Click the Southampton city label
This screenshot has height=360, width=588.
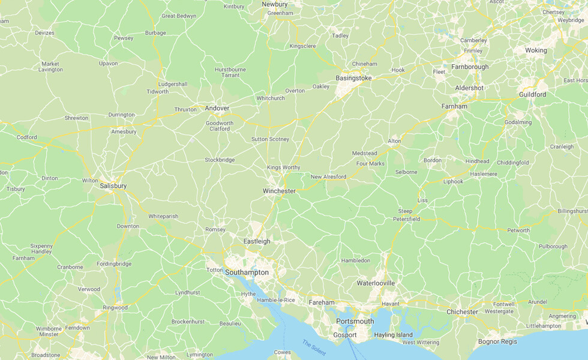[247, 272]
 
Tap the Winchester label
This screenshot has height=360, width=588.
[279, 191]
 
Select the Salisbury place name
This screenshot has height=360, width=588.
[113, 186]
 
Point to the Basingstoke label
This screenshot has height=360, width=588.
[353, 78]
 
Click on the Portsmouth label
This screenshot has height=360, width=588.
[355, 322]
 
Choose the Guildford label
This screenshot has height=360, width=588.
[532, 94]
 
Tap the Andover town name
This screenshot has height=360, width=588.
[217, 108]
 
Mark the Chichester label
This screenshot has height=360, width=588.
[462, 312]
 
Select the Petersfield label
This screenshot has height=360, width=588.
[406, 219]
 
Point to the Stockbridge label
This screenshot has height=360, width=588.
[220, 160]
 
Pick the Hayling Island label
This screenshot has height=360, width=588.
[393, 335]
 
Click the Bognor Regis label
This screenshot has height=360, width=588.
[497, 341]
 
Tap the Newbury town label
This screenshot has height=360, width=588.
[275, 4]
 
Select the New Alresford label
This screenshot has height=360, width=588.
[328, 177]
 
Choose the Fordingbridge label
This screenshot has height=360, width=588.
[113, 264]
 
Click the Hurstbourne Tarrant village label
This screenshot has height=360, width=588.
[230, 72]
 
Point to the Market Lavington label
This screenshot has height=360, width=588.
[50, 67]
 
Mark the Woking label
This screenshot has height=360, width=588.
[536, 50]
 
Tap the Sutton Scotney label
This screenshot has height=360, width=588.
[270, 139]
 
